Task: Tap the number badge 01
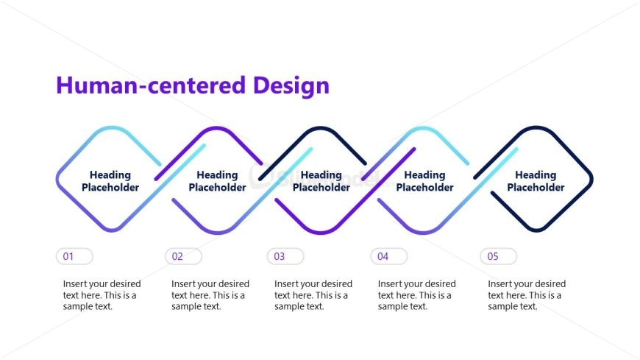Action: [74, 256]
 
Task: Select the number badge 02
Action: [183, 256]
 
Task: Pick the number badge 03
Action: [285, 256]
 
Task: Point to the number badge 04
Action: [388, 256]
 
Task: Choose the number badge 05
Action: [499, 256]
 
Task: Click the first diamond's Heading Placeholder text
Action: [110, 181]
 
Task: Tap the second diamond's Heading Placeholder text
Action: [217, 181]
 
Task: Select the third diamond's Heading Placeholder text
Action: [321, 181]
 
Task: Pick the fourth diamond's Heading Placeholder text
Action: [425, 181]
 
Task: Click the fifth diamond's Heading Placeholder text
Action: [536, 181]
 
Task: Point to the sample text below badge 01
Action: [102, 295]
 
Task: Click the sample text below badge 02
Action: [210, 295]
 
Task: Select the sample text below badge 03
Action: [313, 295]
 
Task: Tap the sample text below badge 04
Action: [417, 295]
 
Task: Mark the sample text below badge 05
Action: [527, 295]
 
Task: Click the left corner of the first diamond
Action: [58, 179]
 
